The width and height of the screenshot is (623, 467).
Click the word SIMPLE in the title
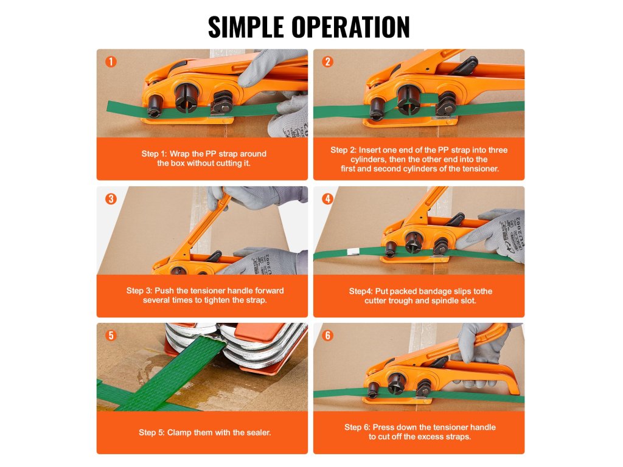[246, 27]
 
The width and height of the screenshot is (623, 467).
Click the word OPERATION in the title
[351, 27]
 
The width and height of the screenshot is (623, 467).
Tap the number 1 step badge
[111, 61]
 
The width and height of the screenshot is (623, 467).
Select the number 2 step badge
[328, 61]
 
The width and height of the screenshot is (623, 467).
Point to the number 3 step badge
[111, 199]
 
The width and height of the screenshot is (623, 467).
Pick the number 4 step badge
[328, 199]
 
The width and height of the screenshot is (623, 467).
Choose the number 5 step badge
[111, 336]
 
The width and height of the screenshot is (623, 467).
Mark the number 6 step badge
[328, 336]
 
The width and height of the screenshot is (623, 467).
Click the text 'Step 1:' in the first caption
[154, 154]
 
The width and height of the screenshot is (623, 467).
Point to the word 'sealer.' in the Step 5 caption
[259, 432]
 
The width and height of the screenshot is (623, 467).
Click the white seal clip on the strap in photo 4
[352, 251]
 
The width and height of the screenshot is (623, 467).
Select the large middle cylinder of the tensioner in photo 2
[408, 99]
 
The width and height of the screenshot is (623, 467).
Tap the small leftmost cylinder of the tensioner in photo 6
[374, 390]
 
